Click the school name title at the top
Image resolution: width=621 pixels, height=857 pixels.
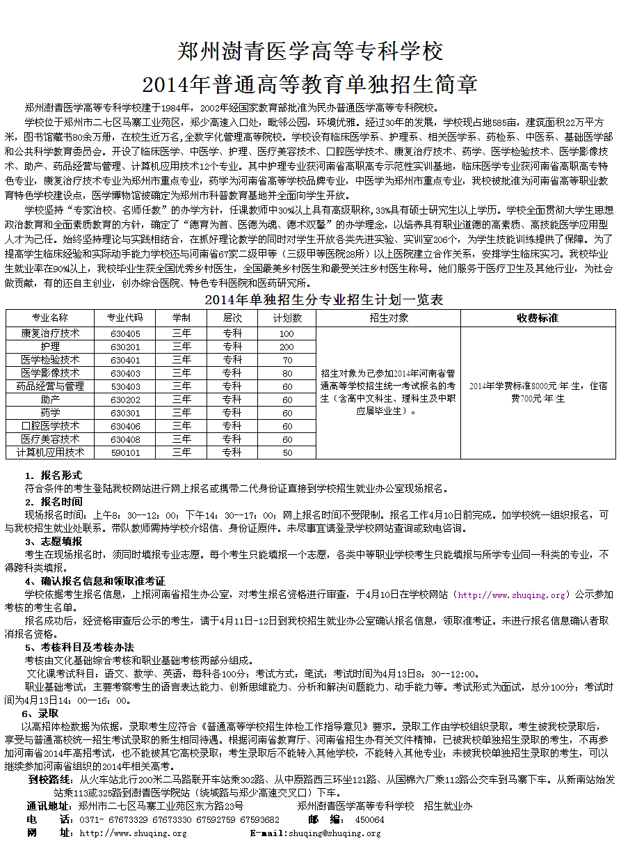coord(310,51)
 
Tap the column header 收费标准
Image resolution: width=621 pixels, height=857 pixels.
coord(538,317)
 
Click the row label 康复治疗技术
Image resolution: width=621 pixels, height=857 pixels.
coord(50,333)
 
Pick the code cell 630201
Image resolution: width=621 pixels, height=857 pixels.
coord(125,347)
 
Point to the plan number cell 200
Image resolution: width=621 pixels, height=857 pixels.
coord(287,347)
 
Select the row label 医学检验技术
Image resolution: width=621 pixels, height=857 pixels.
coord(50,360)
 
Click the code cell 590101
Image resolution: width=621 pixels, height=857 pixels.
coord(125,453)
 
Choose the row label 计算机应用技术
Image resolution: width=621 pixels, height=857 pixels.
coord(50,453)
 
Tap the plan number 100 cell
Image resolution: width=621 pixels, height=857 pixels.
coord(287,333)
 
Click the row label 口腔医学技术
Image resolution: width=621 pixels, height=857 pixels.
coord(50,426)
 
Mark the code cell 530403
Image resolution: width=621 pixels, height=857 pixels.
coord(125,386)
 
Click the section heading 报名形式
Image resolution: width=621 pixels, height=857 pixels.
coord(61,475)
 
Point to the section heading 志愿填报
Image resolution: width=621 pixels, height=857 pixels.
coord(61,541)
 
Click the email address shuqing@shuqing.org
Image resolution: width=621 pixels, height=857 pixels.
coord(334,833)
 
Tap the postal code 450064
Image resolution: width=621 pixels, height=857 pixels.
coord(369,819)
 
